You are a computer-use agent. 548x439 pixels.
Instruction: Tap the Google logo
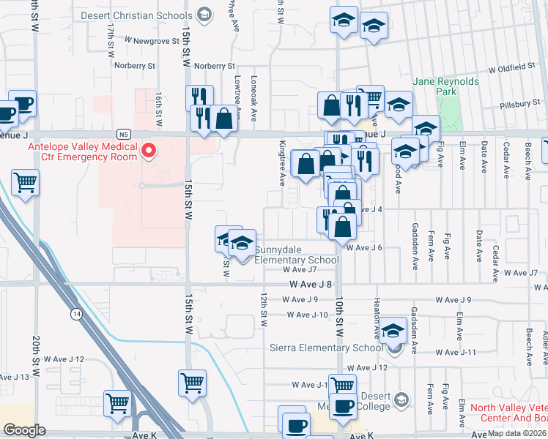(24, 430)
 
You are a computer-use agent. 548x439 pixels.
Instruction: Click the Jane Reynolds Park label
(445, 86)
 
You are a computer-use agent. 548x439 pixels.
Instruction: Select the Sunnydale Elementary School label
(296, 255)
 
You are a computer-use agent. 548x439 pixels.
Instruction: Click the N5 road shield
(124, 135)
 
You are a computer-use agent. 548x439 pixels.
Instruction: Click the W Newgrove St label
(152, 41)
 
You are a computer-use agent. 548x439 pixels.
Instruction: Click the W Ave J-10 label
(307, 315)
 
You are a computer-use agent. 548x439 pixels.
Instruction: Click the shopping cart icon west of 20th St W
(25, 183)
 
